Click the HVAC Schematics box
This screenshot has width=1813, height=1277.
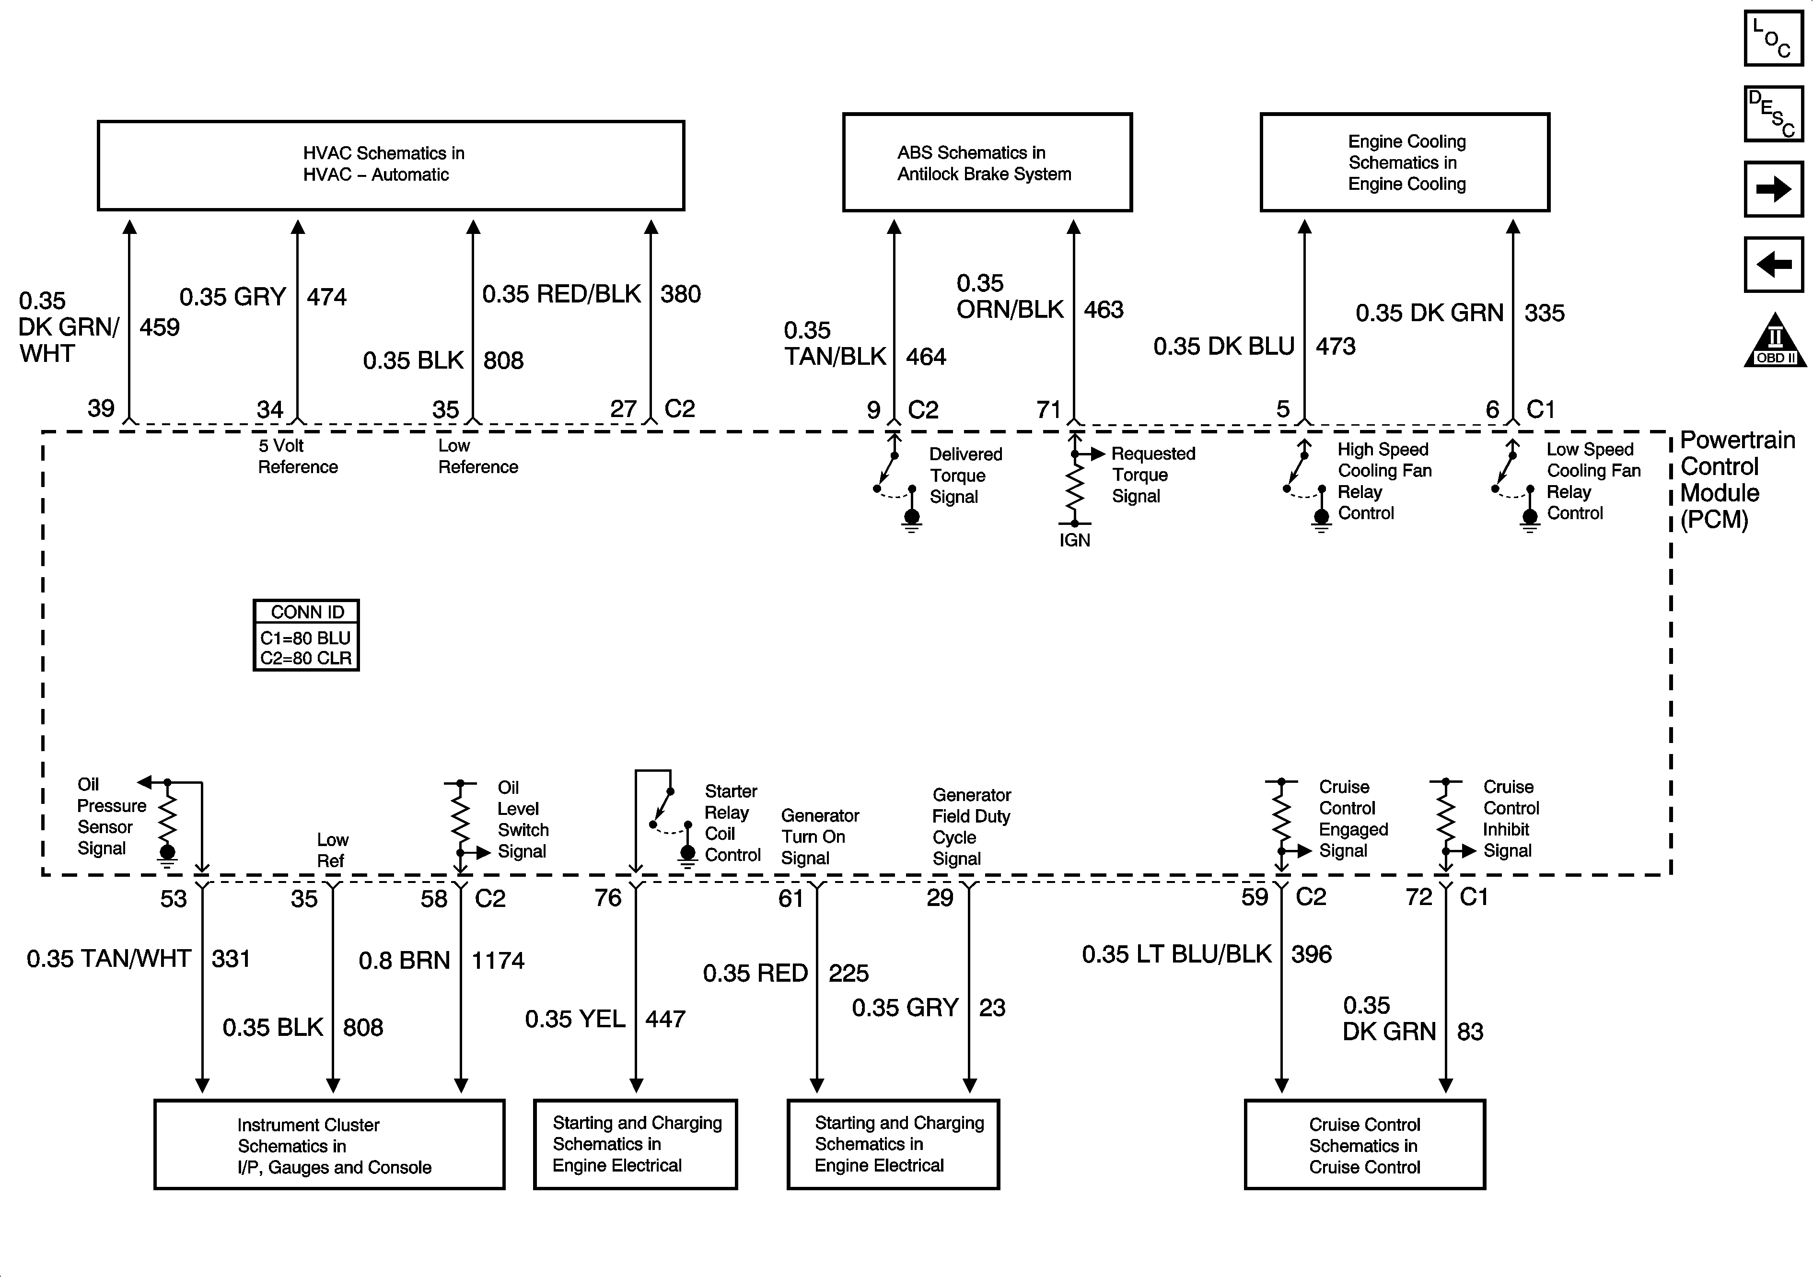point(390,165)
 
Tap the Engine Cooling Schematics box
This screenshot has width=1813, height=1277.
point(1404,163)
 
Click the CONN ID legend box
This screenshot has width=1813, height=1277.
point(306,636)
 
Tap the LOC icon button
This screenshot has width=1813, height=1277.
point(1773,38)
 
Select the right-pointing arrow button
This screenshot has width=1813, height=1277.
point(1773,189)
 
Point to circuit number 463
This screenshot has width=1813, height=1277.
point(1103,310)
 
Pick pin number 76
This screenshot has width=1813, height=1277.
point(608,897)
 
